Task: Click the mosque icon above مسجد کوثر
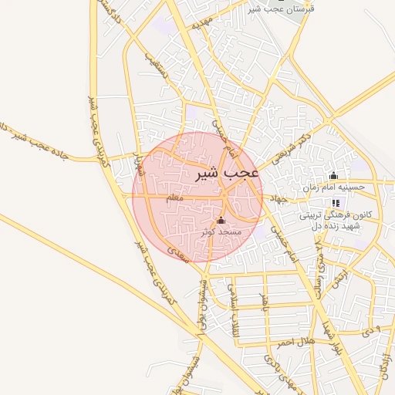tap(221, 220)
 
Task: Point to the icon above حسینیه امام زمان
tap(333, 175)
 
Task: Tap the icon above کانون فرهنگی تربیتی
tap(336, 203)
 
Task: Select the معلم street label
tap(177, 198)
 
